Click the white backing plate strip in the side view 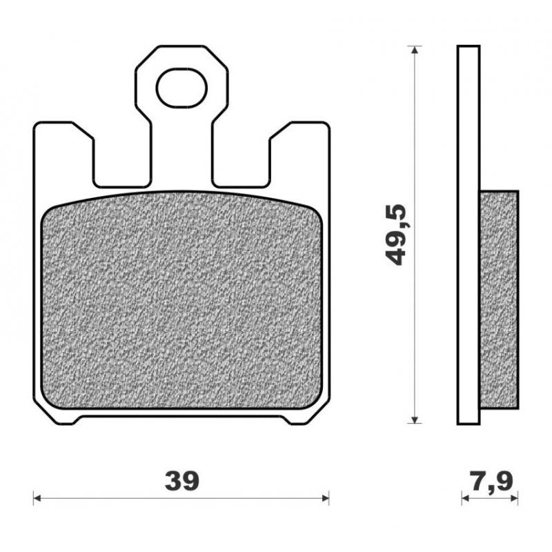coord(468,235)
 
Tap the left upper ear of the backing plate coord(63,148)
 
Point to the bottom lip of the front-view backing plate coord(181,419)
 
